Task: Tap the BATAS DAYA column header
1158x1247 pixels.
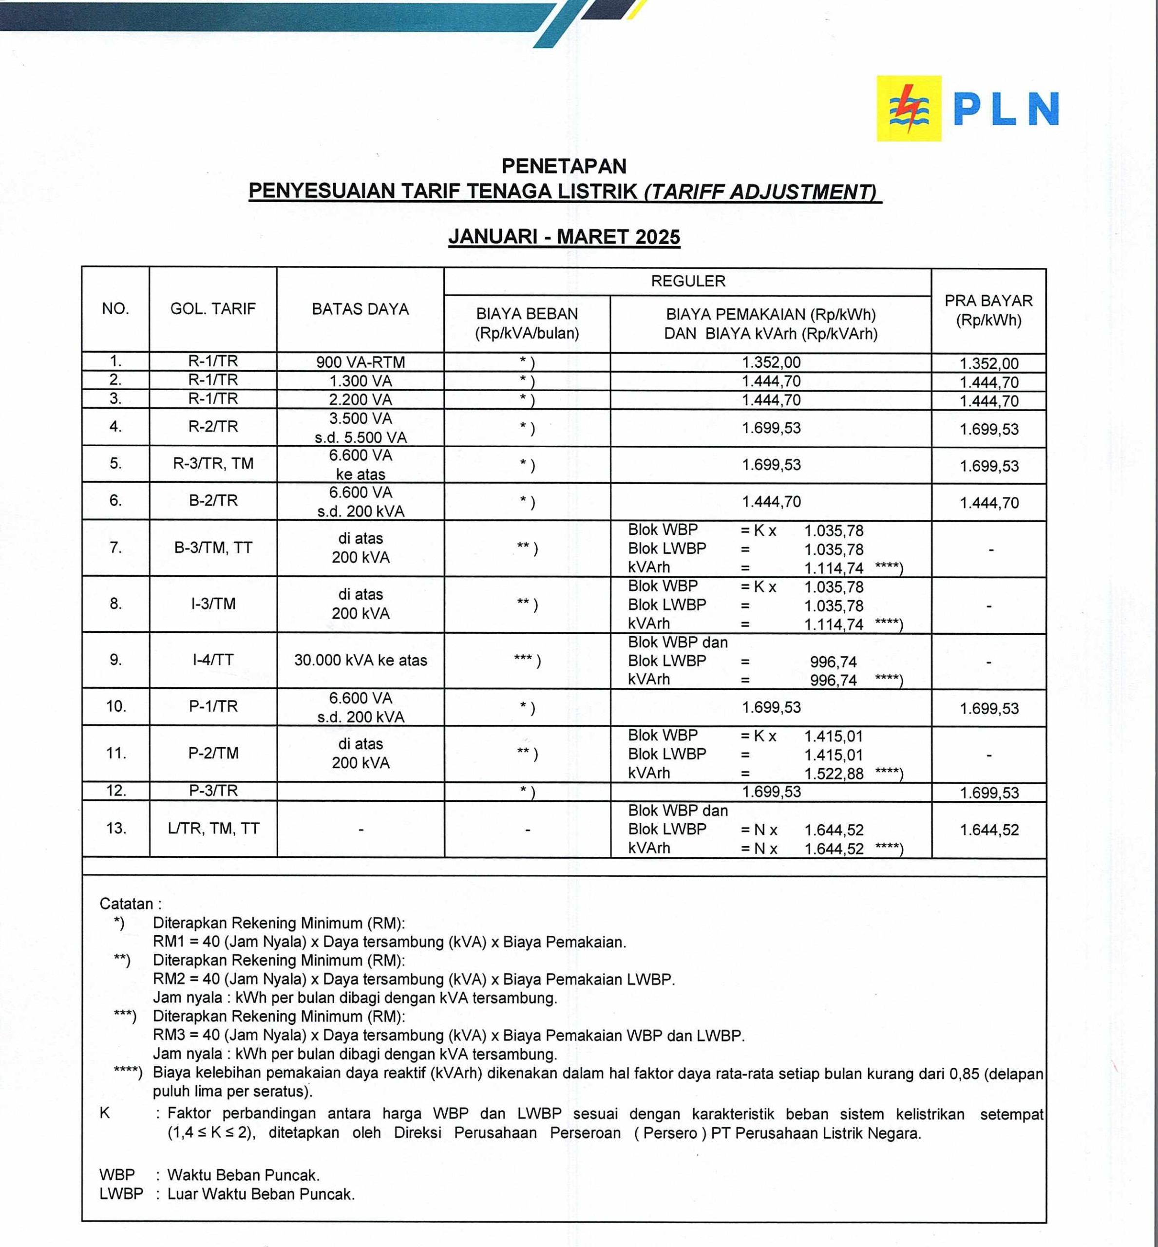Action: (361, 309)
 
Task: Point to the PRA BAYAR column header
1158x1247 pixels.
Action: (988, 310)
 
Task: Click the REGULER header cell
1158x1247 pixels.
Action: (687, 282)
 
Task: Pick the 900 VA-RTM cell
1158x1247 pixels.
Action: (361, 362)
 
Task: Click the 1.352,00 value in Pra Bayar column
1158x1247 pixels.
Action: (989, 363)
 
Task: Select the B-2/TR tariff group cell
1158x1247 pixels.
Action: (213, 501)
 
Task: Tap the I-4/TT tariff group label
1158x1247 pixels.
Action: (213, 660)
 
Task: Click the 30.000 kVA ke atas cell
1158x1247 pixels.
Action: (361, 661)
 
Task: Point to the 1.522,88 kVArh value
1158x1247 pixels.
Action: (834, 774)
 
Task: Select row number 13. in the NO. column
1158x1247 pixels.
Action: (116, 829)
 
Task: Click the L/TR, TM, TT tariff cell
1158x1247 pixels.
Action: (213, 829)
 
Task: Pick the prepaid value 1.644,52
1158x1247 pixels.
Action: (989, 831)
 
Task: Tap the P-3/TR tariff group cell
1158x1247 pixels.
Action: (213, 791)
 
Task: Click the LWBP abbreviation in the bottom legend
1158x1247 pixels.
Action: (121, 1194)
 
